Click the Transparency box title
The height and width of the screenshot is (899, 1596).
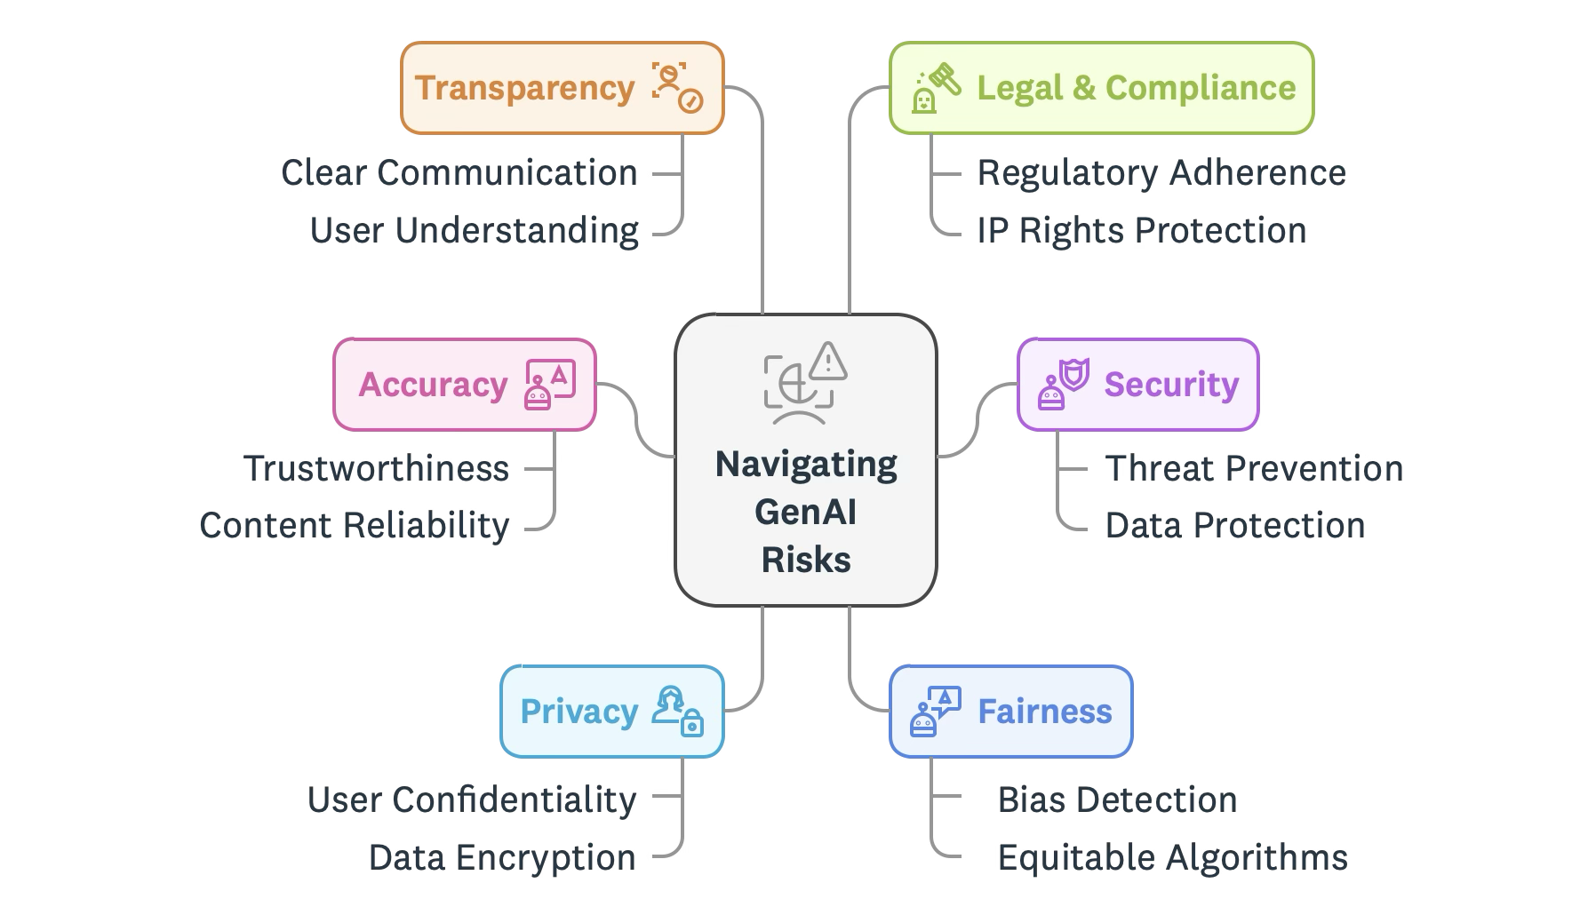(524, 88)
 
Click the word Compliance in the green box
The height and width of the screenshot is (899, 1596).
(1201, 88)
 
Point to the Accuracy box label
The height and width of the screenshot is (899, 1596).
(433, 385)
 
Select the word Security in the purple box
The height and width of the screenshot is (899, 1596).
(1171, 385)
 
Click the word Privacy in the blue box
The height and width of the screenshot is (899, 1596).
(579, 712)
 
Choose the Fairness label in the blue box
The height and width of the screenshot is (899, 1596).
(1045, 712)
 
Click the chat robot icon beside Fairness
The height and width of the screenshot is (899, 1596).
(936, 712)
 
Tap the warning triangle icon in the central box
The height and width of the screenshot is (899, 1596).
(829, 361)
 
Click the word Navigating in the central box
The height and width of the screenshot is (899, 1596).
(806, 464)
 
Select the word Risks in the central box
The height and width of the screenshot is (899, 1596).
(806, 560)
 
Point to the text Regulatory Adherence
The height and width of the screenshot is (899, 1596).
(1161, 172)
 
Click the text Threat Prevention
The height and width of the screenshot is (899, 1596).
(1255, 468)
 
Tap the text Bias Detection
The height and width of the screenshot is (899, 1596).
(1117, 800)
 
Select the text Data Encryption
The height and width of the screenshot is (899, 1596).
(503, 857)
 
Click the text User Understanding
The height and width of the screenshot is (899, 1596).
(475, 230)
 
